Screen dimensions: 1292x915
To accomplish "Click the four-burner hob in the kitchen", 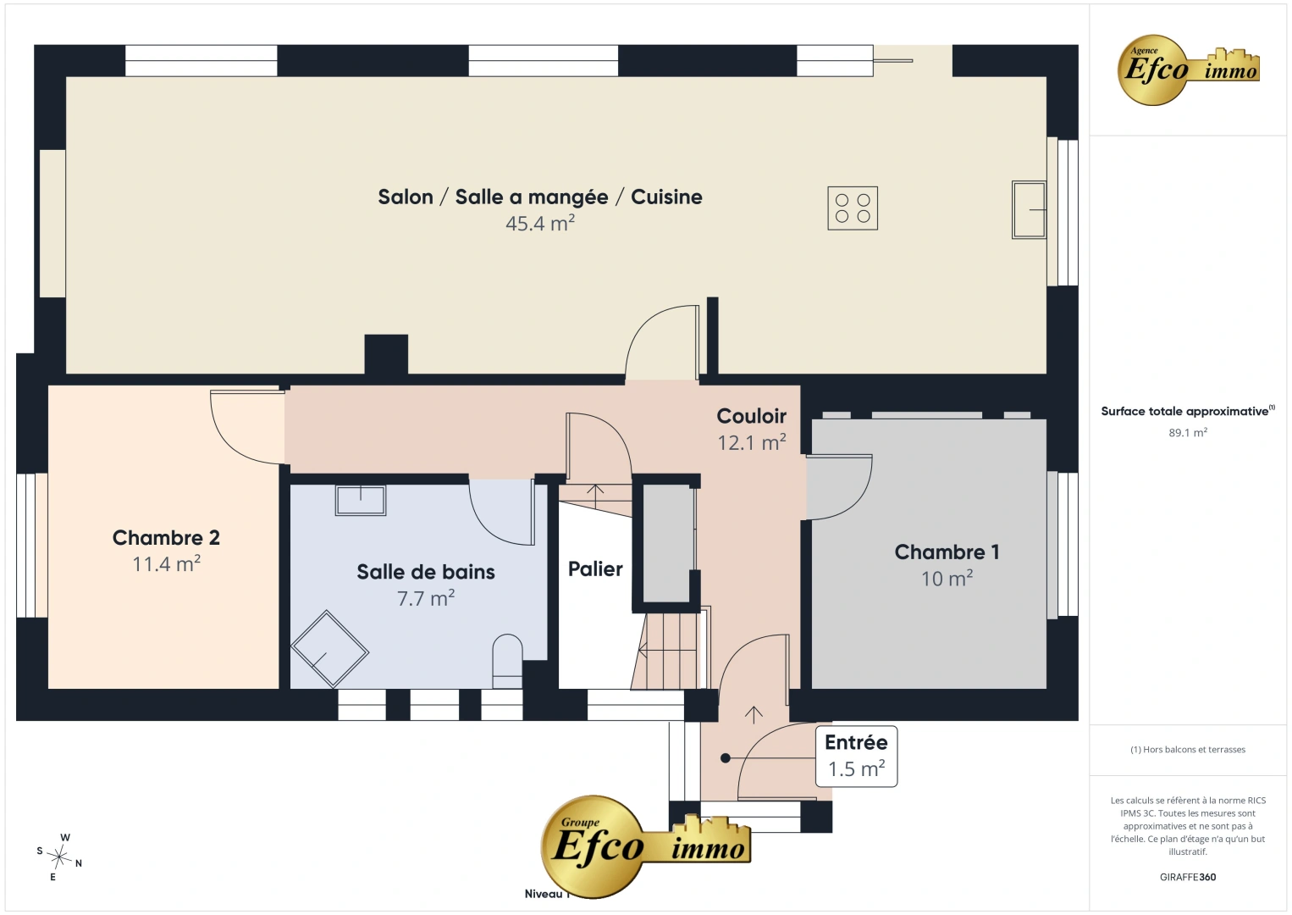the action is (x=853, y=208).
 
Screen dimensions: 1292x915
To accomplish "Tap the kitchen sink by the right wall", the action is (x=1029, y=209).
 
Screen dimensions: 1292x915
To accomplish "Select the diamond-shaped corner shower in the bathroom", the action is (x=329, y=650).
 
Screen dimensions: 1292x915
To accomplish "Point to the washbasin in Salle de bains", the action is (x=361, y=500).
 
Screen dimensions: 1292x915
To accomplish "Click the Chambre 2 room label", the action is (x=166, y=537).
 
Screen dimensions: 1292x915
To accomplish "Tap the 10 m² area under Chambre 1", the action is (x=947, y=579).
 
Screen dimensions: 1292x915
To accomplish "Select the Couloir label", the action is (x=752, y=416).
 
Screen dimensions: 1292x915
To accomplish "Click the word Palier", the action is (x=595, y=568).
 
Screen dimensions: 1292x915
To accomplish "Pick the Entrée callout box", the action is (x=857, y=756).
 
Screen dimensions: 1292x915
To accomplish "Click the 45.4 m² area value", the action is (x=540, y=223).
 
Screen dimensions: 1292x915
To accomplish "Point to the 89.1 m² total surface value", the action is (x=1188, y=432).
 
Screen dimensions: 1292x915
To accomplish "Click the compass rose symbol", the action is (x=59, y=857).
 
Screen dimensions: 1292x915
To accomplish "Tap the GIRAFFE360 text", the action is (x=1188, y=877).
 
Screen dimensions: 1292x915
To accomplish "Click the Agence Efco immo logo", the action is (x=1188, y=69).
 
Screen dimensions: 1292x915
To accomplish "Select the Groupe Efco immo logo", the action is (x=645, y=846).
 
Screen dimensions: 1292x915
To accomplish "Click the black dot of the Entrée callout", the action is (x=726, y=758).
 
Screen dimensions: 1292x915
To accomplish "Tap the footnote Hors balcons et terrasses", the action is (x=1188, y=749).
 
